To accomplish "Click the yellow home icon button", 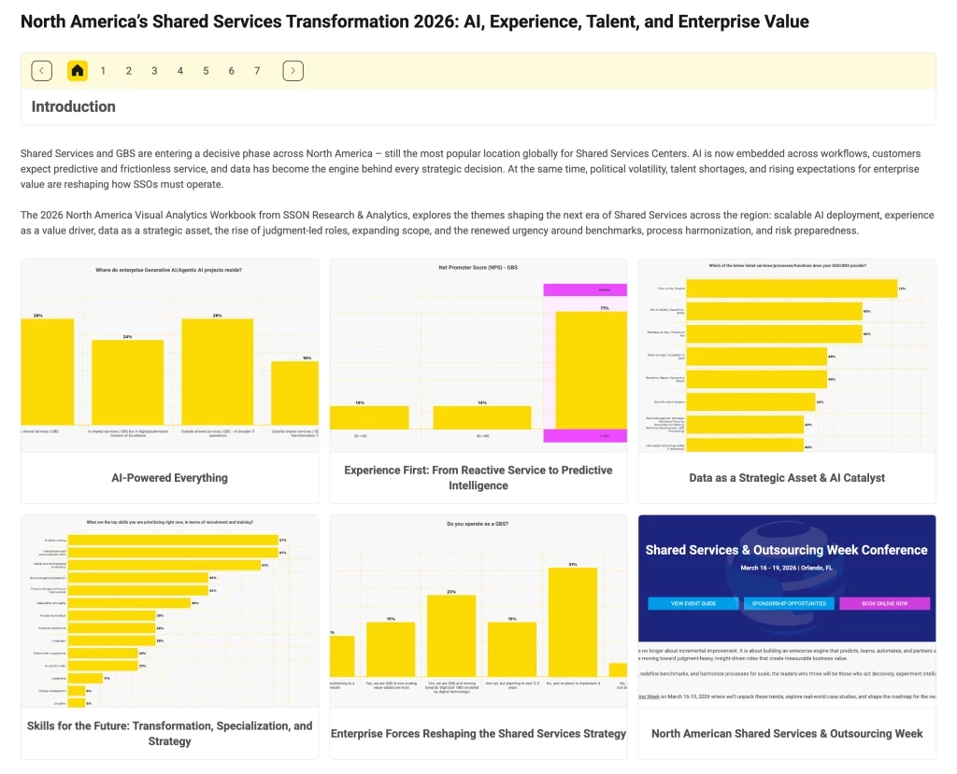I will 78,71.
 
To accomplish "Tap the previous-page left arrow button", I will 41,71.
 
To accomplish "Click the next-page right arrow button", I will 293,71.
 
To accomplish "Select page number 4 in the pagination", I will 180,71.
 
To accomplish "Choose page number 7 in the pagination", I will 257,71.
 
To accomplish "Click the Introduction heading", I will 74,106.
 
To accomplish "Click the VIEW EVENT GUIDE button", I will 693,604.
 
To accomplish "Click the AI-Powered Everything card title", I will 169,478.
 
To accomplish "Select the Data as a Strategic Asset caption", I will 787,478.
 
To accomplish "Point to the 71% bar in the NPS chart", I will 591,369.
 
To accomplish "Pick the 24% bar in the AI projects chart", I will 127,383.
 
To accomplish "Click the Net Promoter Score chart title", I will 478,268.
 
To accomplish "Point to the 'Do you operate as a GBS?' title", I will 478,524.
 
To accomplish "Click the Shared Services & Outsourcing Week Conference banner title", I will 786,550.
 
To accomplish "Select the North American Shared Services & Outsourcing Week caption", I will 787,734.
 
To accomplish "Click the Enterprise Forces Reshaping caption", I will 478,734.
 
